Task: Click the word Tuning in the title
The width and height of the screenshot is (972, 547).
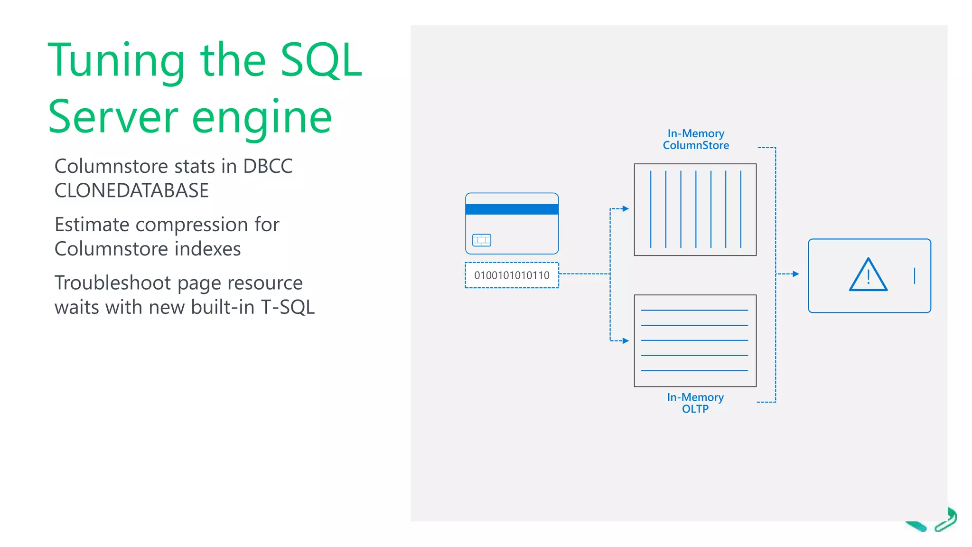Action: coord(116,62)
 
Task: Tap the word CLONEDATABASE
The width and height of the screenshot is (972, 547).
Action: coord(131,191)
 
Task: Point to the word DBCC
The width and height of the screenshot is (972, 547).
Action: coord(268,167)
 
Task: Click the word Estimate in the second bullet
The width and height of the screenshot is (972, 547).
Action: coord(92,225)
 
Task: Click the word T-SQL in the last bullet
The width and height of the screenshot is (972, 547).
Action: coord(288,307)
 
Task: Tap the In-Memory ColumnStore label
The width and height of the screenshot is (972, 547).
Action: coord(696,140)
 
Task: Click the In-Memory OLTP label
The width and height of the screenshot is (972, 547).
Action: coord(695,403)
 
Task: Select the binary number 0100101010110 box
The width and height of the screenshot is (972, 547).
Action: coord(512,275)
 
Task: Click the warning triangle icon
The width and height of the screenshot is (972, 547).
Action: coord(868,275)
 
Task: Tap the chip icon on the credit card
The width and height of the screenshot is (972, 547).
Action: coord(482,240)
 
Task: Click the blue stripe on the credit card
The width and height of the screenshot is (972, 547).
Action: coord(512,209)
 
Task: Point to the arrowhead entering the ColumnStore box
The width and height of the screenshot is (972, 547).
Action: coord(626,208)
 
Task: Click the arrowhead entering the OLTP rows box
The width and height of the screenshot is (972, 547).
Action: coord(626,340)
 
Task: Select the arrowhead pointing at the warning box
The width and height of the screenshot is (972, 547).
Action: coord(796,274)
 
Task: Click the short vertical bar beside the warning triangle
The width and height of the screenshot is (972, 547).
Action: coord(914,276)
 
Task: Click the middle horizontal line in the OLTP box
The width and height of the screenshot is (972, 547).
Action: coord(694,340)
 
